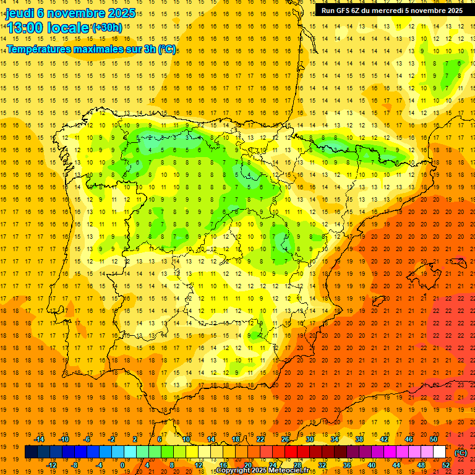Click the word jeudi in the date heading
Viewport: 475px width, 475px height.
[19, 13]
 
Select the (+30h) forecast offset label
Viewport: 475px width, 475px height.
[107, 28]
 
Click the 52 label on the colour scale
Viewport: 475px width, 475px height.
[446, 465]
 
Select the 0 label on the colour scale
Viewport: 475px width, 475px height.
[123, 465]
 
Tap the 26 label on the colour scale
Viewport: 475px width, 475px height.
[285, 439]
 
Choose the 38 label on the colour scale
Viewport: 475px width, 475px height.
[359, 439]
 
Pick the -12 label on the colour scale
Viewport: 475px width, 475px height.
[51, 465]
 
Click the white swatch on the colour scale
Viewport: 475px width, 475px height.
[439, 452]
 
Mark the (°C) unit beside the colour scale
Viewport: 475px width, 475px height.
[461, 453]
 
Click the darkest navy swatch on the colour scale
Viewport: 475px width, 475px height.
[31, 452]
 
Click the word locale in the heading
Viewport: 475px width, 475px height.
[67, 28]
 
